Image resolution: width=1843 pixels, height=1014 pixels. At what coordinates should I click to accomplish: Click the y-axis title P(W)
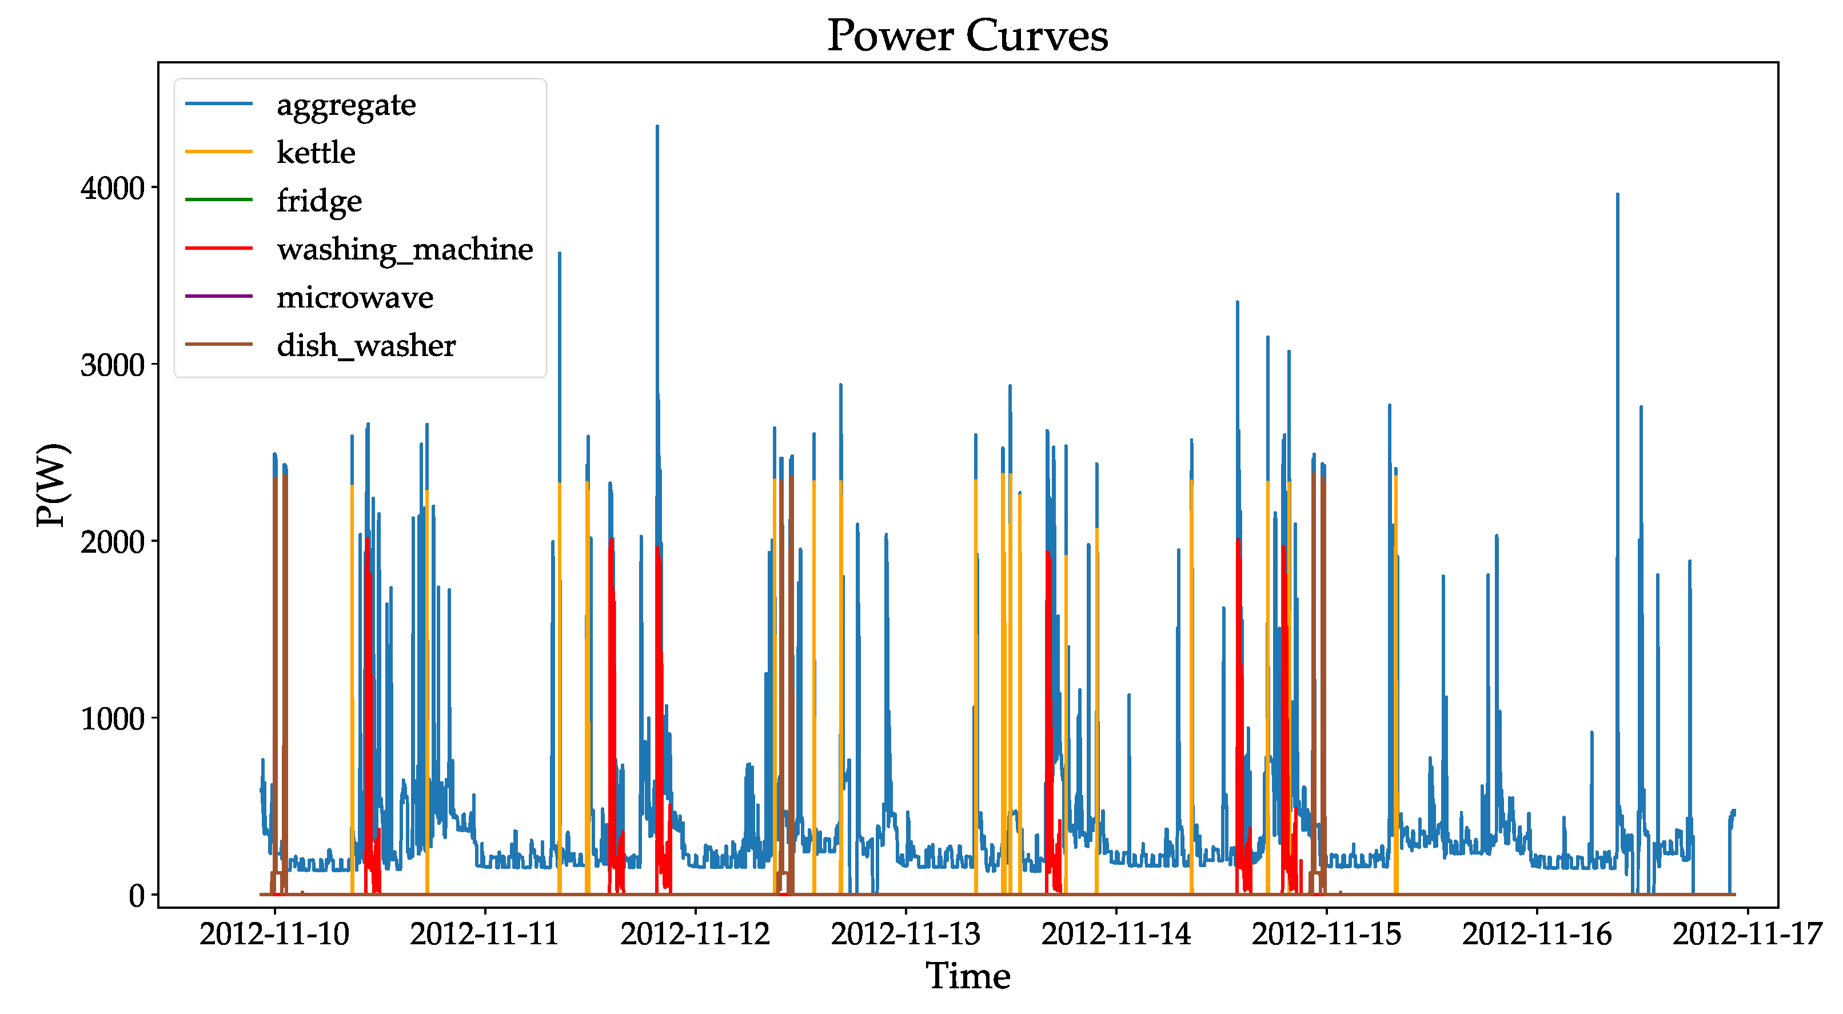[x=53, y=485]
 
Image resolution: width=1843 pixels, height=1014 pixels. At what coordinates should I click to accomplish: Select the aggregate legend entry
[x=345, y=105]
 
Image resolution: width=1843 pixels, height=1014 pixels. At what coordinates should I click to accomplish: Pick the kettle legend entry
[x=316, y=153]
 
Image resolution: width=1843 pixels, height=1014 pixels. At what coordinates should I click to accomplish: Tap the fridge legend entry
[x=319, y=201]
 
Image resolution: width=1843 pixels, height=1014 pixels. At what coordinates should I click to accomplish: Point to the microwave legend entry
[x=355, y=297]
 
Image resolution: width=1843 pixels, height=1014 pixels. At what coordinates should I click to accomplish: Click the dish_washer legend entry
[x=366, y=346]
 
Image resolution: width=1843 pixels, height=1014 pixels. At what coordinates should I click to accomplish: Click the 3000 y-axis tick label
[x=112, y=365]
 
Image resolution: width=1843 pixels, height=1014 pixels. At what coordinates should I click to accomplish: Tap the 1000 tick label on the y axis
[x=112, y=718]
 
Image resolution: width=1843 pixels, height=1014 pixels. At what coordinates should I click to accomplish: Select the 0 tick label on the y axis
[x=136, y=895]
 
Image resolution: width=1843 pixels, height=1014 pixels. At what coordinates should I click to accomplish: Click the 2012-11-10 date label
[x=274, y=934]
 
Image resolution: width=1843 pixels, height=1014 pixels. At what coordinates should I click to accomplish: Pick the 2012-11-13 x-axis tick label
[x=905, y=934]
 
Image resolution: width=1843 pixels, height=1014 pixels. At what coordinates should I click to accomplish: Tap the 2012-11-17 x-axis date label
[x=1746, y=934]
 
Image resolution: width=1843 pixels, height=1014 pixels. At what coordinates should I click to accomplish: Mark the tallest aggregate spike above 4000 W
[x=657, y=127]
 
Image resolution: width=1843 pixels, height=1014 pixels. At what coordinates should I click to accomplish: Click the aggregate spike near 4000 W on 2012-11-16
[x=1617, y=195]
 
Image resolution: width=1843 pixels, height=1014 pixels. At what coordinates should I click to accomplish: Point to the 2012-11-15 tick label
[x=1326, y=934]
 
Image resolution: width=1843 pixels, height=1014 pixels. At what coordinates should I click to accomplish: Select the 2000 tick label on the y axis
[x=112, y=542]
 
